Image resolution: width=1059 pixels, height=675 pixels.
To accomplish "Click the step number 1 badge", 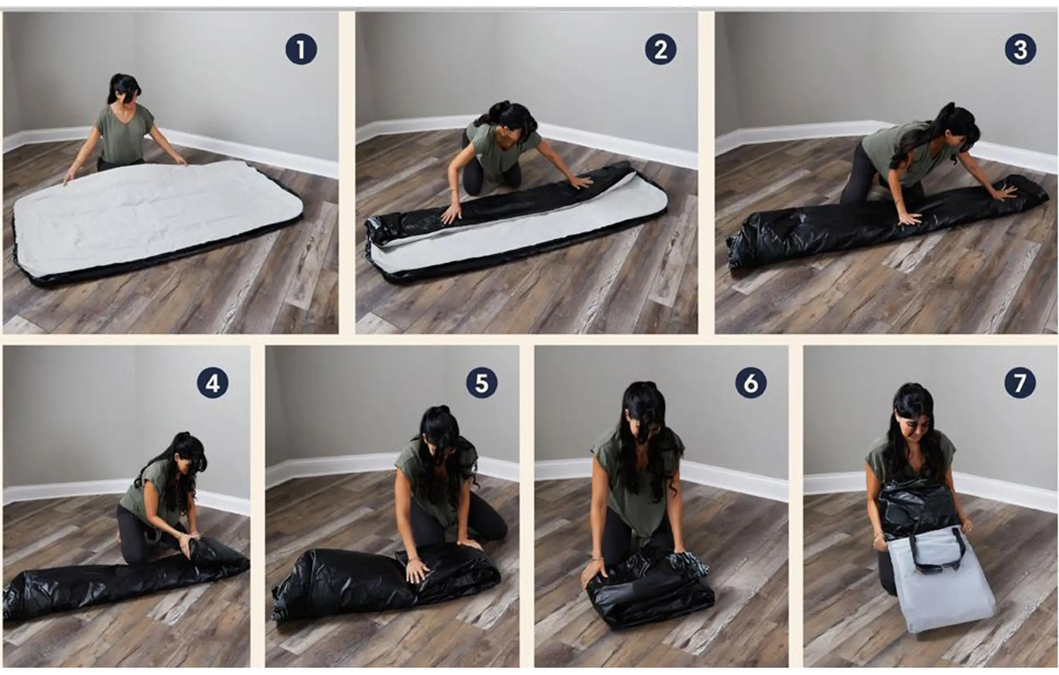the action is click(301, 49).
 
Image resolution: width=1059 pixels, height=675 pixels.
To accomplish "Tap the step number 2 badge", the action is click(661, 49).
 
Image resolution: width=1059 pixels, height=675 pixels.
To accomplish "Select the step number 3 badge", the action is click(1020, 49).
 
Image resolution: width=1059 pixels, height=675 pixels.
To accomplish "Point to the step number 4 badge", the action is click(212, 383).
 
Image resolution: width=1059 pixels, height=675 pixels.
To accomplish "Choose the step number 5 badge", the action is click(482, 383).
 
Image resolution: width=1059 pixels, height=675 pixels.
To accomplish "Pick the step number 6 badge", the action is click(751, 383).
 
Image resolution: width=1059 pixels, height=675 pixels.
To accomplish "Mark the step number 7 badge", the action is click(1020, 383).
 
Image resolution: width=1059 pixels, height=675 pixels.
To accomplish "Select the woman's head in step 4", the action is click(189, 455).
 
